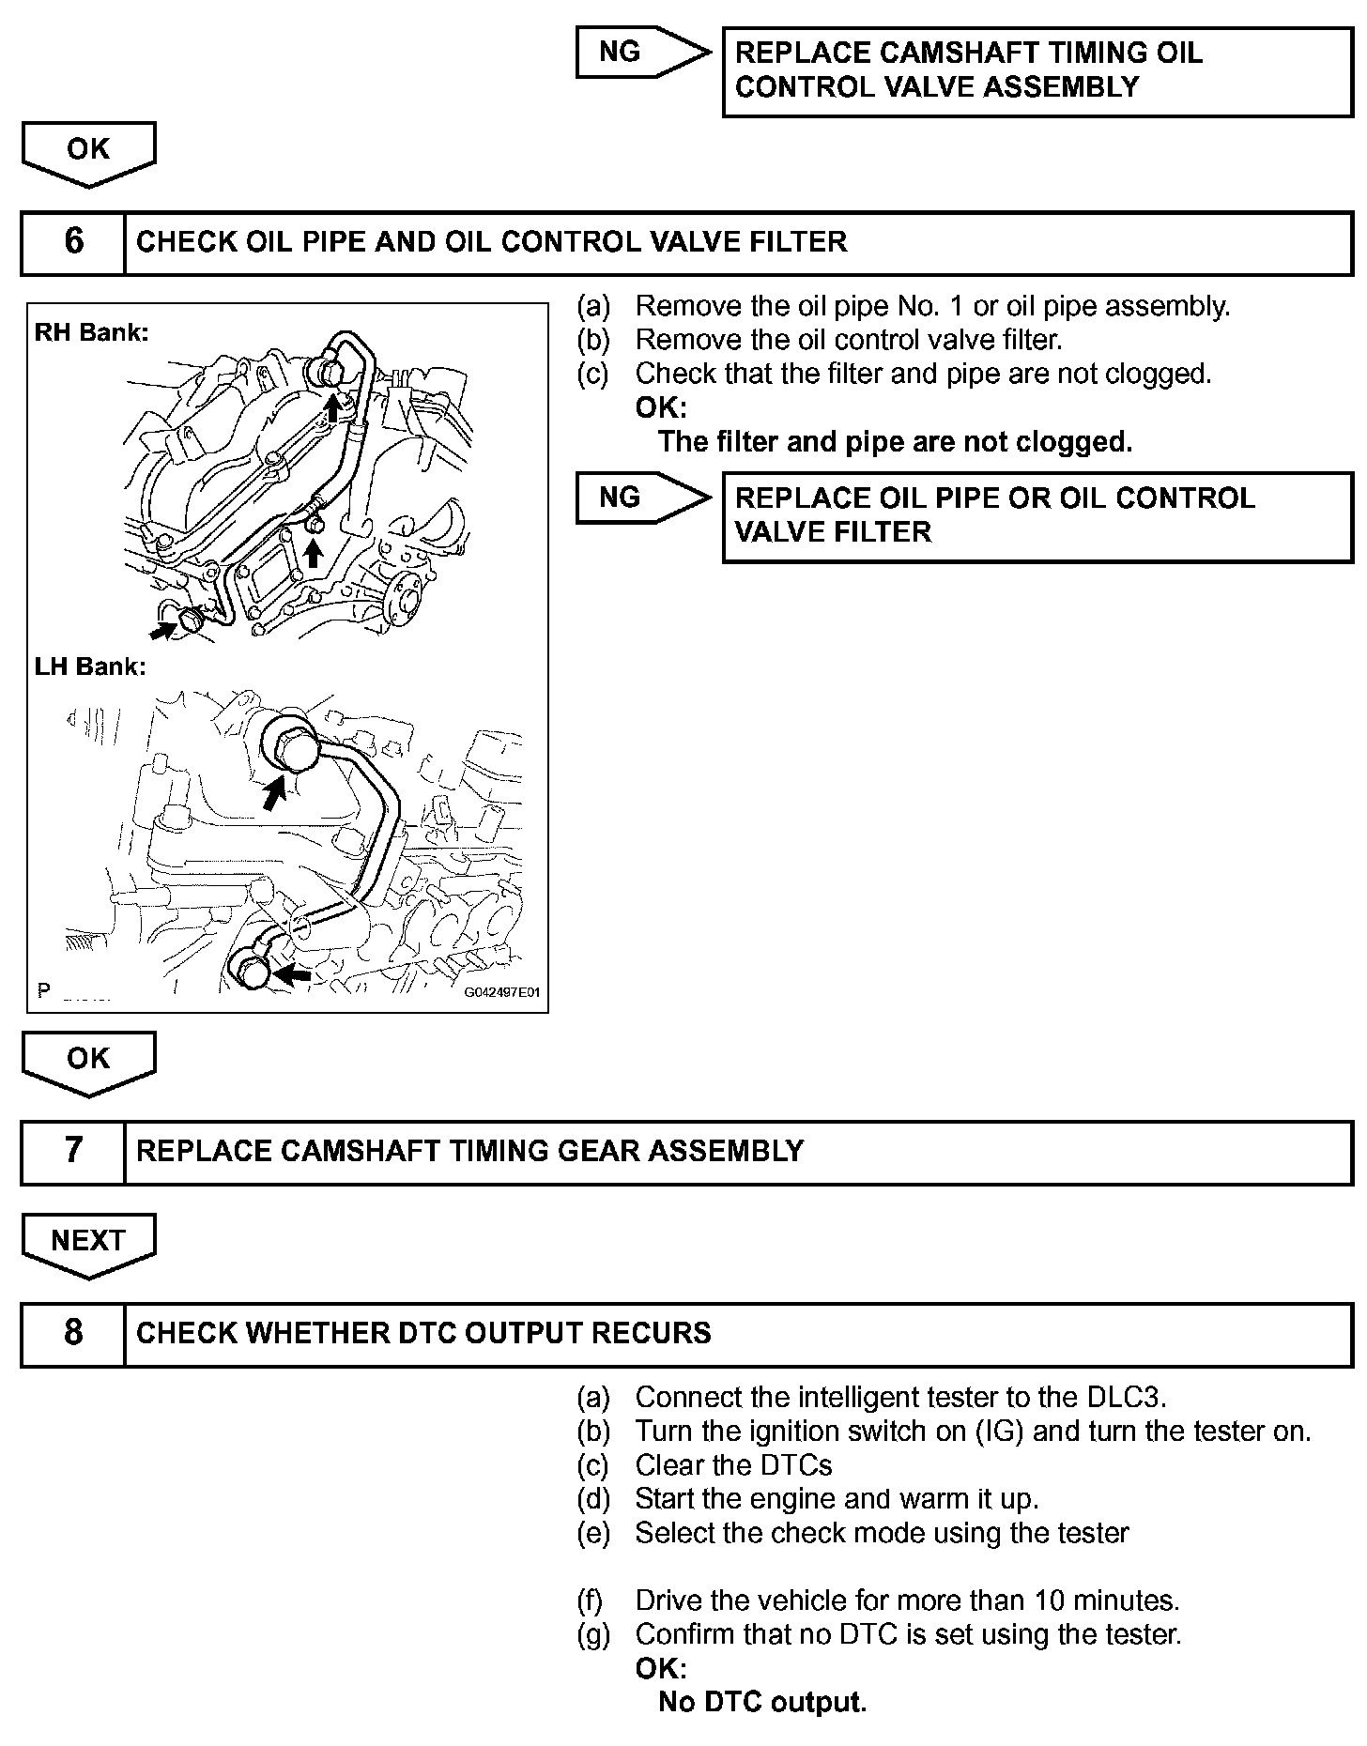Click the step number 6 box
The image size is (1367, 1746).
(73, 242)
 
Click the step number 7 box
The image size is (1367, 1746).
(73, 1152)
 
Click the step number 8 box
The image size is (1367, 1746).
(73, 1334)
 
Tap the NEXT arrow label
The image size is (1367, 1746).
(88, 1242)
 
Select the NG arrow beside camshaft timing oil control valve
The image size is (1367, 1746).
(641, 52)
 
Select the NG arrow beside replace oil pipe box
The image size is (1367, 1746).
(641, 498)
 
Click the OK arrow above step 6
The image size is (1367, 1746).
(88, 151)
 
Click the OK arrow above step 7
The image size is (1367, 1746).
(88, 1060)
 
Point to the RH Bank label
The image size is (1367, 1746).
(91, 332)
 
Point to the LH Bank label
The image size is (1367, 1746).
(90, 667)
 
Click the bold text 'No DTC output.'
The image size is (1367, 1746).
(762, 1702)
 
